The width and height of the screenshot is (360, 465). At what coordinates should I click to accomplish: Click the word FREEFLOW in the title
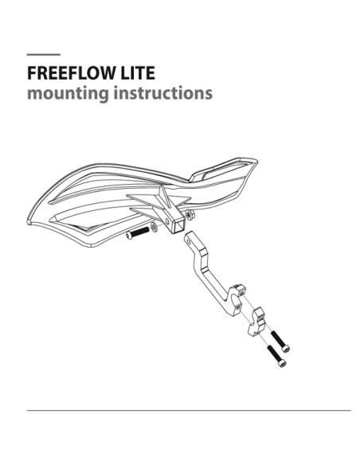(x=72, y=73)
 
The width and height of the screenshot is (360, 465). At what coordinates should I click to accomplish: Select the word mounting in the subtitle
(x=68, y=93)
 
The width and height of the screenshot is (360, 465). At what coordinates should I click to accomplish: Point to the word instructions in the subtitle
(x=163, y=93)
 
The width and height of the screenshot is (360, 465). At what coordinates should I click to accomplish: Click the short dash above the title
(x=44, y=55)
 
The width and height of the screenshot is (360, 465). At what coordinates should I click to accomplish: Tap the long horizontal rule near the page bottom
(x=189, y=410)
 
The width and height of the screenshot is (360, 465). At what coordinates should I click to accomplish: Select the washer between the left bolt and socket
(x=154, y=227)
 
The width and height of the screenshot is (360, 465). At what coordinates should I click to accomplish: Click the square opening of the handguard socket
(x=178, y=225)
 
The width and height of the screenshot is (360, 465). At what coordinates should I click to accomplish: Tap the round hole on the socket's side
(x=168, y=221)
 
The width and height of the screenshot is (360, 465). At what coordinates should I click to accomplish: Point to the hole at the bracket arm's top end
(x=188, y=242)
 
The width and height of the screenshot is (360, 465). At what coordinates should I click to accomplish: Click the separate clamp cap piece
(x=256, y=322)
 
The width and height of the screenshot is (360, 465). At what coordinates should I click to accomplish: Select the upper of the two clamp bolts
(x=280, y=342)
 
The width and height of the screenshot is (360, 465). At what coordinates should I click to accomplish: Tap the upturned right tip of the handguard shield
(x=256, y=161)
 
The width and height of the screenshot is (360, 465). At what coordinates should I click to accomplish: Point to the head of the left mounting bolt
(x=129, y=236)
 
